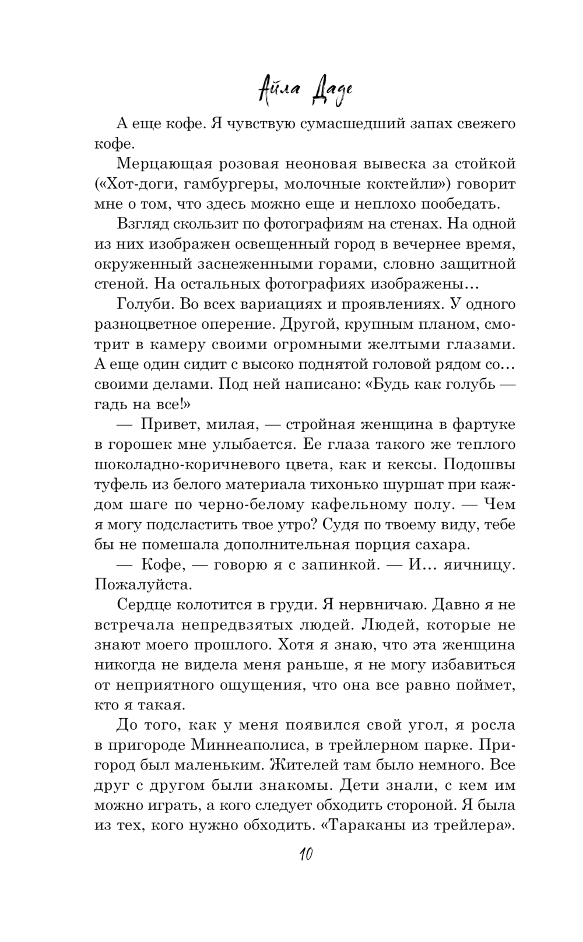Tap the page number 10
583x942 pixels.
click(305, 855)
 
